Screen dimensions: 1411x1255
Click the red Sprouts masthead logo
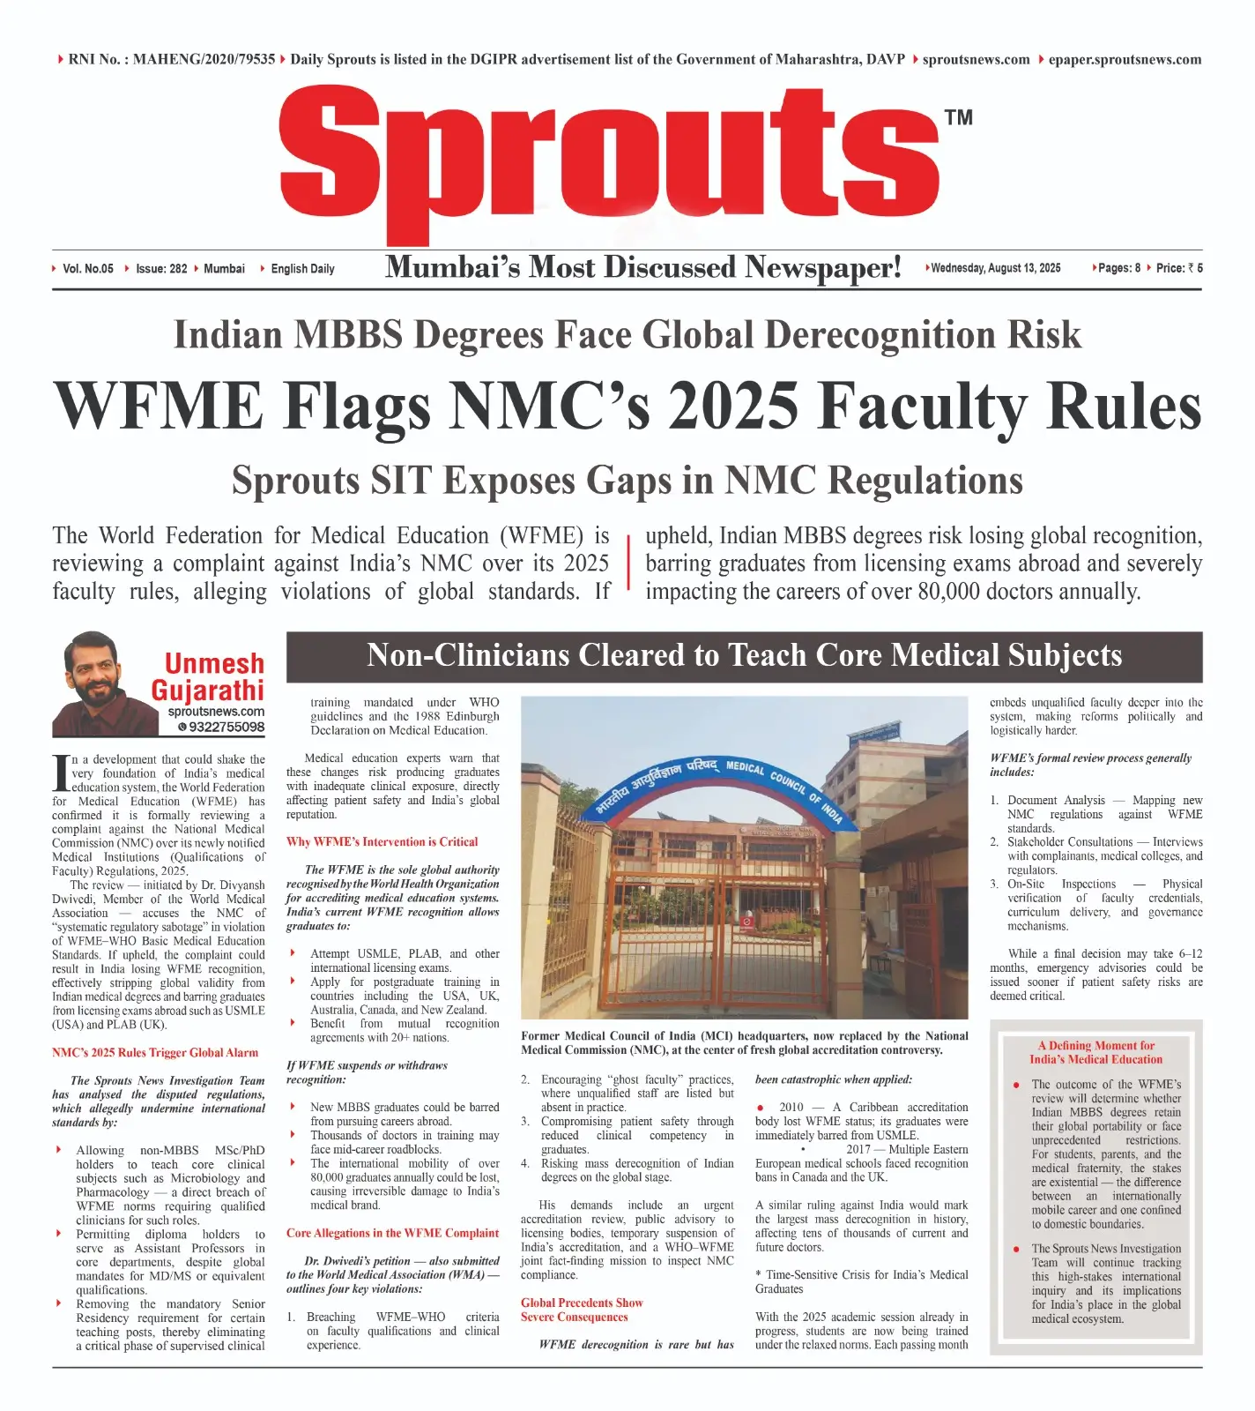608,159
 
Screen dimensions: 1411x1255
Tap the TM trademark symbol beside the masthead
958,117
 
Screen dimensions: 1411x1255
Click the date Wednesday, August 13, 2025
995,268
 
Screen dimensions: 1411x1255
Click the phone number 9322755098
226,728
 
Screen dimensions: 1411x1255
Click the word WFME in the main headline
159,407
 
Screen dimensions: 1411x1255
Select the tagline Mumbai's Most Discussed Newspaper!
642,267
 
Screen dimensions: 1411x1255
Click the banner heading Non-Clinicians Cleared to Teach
744,656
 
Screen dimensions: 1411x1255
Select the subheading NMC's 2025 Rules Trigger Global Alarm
155,1053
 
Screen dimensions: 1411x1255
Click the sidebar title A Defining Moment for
1095,1046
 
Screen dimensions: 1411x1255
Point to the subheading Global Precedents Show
582,1303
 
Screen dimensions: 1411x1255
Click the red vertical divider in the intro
628,562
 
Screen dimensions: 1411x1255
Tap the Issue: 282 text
161,269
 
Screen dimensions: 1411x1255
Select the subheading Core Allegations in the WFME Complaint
392,1234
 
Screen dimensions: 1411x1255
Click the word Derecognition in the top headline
887,336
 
